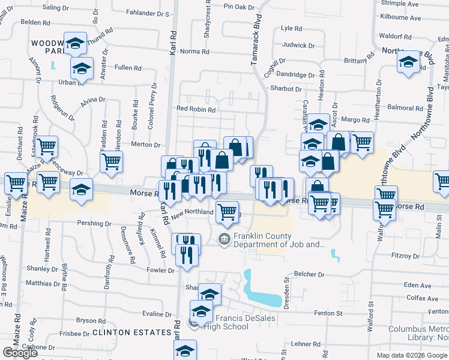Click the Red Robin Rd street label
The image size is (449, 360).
coord(196,110)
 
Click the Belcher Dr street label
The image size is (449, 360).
coord(309,274)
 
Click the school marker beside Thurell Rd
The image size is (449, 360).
coord(76,43)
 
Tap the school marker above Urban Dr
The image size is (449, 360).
coord(82,68)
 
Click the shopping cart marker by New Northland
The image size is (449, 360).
coord(227,211)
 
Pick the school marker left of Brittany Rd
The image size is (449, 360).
coord(408,62)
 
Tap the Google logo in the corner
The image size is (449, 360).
coord(20,353)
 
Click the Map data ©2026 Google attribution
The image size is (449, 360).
coord(412,356)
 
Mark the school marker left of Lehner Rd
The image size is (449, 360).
coord(186,350)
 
